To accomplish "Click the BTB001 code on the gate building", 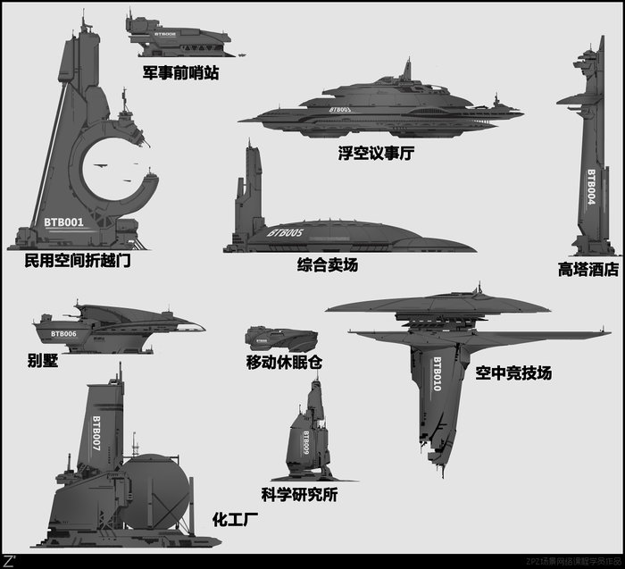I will [x=63, y=222].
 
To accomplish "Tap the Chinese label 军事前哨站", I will [x=180, y=72].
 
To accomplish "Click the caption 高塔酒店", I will [x=587, y=269].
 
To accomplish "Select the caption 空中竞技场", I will [x=513, y=372].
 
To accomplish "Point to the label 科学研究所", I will [x=299, y=495].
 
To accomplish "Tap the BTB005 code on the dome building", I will [x=285, y=233].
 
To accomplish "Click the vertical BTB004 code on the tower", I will [x=590, y=188].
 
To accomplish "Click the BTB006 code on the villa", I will [x=63, y=333].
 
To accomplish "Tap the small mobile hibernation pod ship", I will [x=280, y=339].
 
